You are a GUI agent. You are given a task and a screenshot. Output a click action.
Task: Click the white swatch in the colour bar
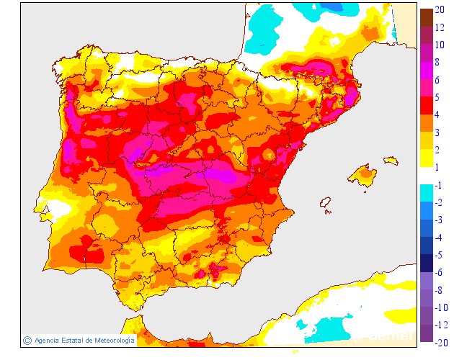coord(427,176)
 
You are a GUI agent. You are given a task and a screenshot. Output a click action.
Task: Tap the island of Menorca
coord(391,160)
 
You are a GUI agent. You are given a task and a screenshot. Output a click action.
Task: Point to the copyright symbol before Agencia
coord(27,340)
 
